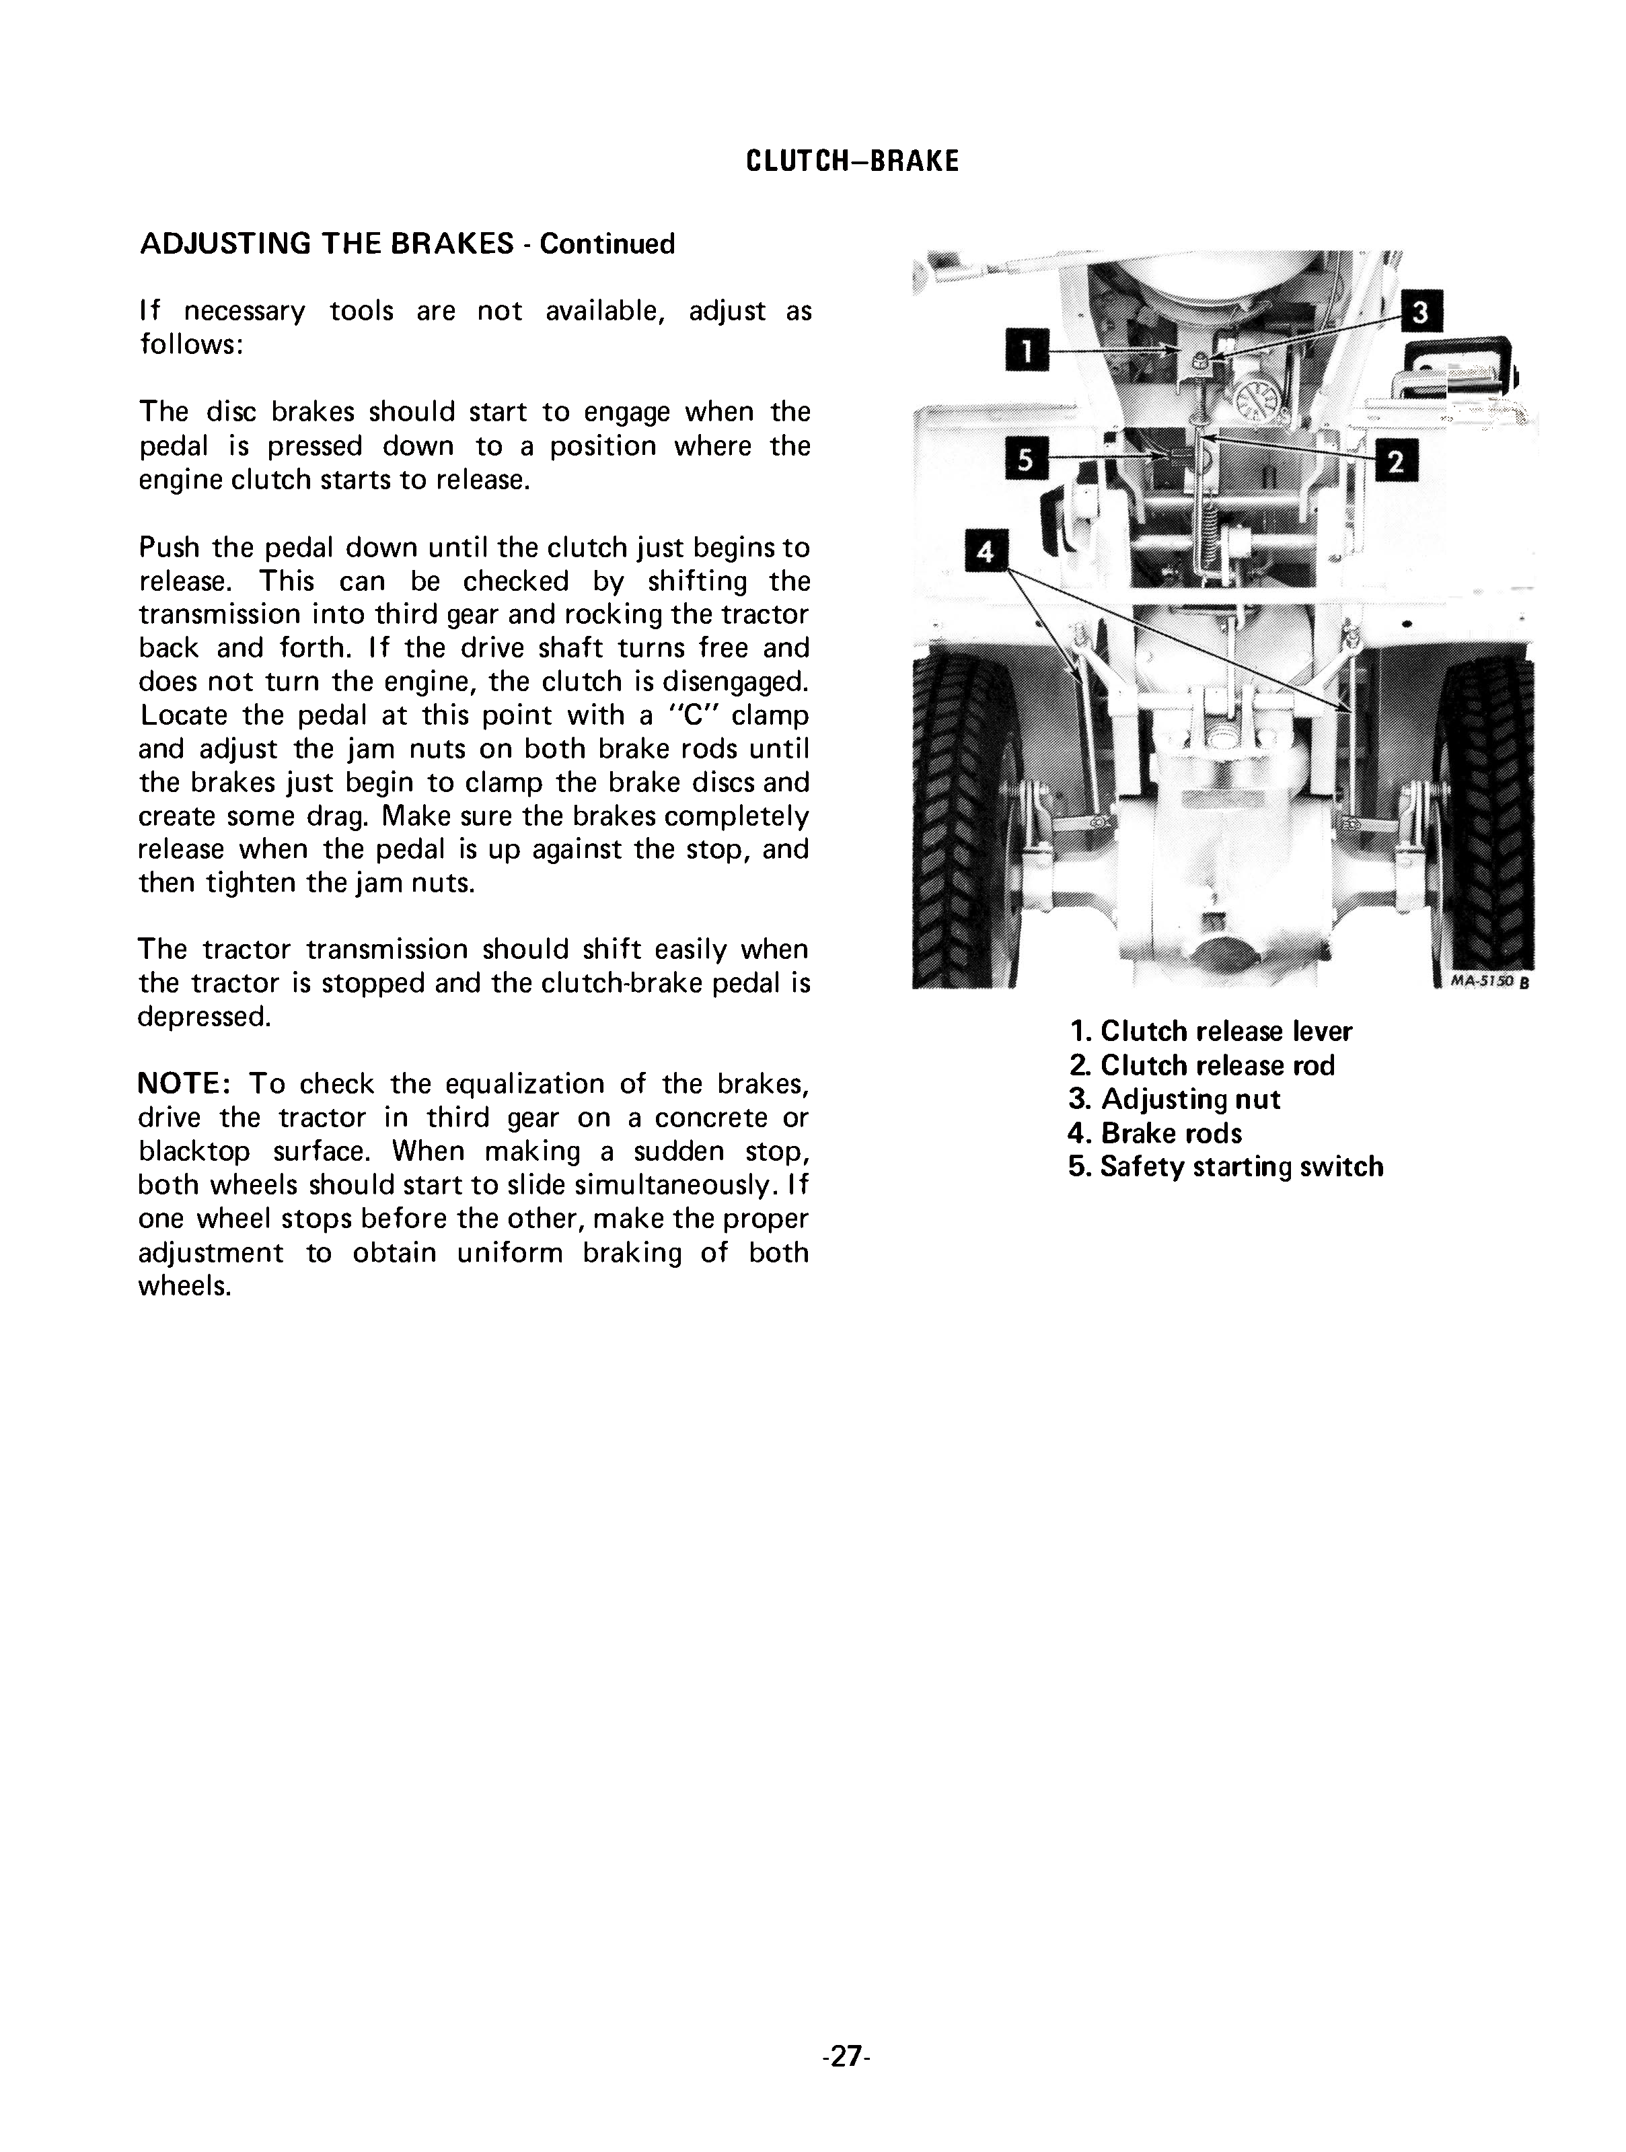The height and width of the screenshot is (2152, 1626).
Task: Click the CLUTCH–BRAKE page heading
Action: (852, 161)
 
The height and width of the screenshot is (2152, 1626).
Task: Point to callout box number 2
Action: (1397, 461)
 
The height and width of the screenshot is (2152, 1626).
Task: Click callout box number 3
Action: (1421, 312)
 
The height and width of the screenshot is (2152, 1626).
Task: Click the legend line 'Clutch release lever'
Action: (1211, 1031)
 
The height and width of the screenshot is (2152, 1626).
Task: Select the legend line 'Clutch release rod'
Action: (1202, 1065)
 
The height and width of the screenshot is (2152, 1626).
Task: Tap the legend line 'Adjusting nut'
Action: (1175, 1100)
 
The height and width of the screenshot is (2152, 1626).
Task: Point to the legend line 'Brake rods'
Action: (1155, 1133)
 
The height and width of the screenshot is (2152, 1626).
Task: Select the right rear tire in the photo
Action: (1486, 817)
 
